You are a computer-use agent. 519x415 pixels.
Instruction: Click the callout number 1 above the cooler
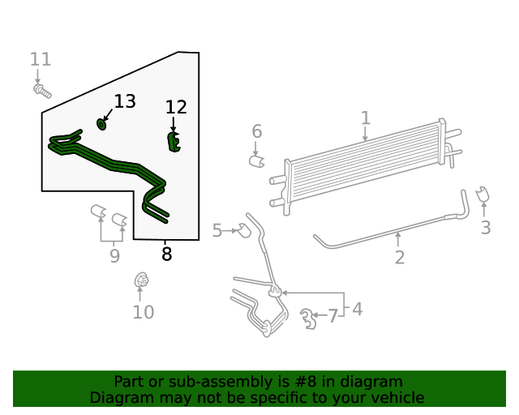click(x=366, y=118)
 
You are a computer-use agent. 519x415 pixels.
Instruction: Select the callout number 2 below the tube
click(x=399, y=258)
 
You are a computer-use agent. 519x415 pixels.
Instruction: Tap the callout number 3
click(x=486, y=228)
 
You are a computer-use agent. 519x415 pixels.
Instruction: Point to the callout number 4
click(x=358, y=309)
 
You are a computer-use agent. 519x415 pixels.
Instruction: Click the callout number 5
click(x=217, y=231)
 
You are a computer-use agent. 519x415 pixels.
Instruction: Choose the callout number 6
click(x=256, y=131)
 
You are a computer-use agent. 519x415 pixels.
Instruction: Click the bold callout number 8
click(x=166, y=255)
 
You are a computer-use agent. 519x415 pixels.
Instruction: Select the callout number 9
click(x=114, y=256)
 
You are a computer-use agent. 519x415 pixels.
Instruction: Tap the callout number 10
click(x=143, y=312)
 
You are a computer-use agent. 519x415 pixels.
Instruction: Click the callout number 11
click(x=41, y=59)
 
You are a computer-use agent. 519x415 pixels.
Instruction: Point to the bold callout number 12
click(x=176, y=108)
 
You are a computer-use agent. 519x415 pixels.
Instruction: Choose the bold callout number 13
click(x=124, y=102)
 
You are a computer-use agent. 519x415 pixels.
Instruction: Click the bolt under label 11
click(x=39, y=88)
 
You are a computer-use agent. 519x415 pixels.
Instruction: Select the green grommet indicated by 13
click(x=102, y=123)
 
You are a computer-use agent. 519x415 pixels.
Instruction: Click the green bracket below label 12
click(x=174, y=142)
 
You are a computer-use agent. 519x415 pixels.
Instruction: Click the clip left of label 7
click(x=307, y=319)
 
